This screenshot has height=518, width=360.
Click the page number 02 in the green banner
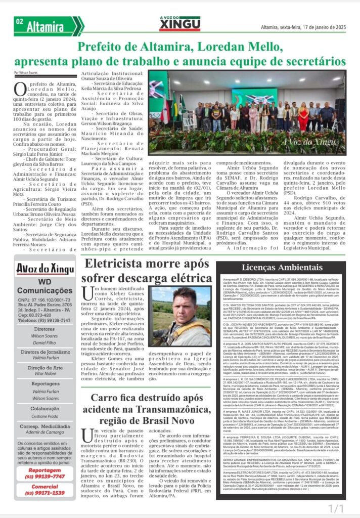[x=20, y=22]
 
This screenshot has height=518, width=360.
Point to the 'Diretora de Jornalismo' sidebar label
[x=45, y=352]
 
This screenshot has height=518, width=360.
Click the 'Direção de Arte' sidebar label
[x=45, y=368]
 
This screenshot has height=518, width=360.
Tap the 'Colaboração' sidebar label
[x=45, y=408]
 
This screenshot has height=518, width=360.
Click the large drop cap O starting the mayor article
[x=20, y=90]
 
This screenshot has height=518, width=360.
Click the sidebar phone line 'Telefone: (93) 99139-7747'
[x=44, y=320]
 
